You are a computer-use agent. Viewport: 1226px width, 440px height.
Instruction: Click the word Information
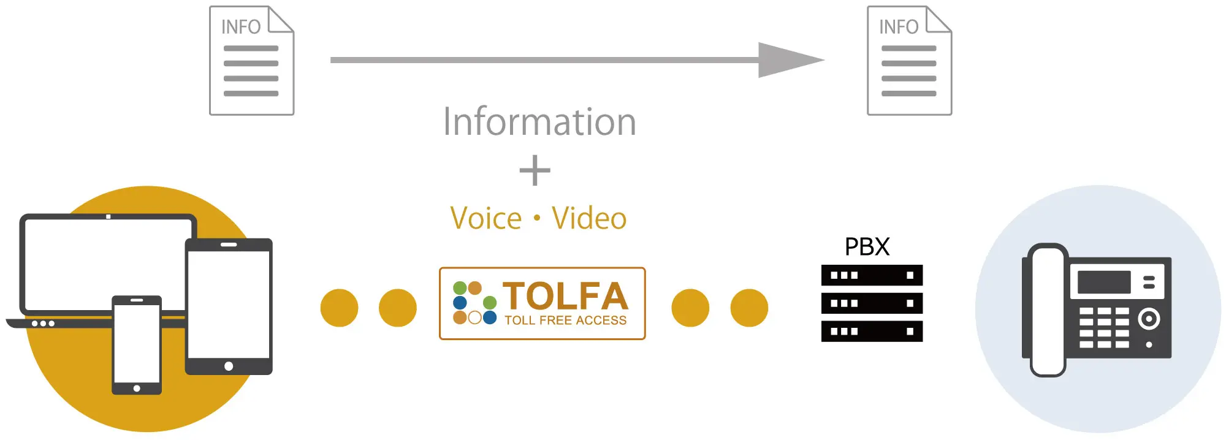tap(539, 121)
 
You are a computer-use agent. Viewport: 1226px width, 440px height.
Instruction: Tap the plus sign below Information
tap(535, 170)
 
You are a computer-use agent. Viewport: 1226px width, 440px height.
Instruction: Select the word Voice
tap(486, 219)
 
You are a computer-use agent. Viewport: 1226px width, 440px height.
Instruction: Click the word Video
tap(589, 219)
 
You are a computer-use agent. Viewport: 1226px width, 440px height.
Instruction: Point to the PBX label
tap(867, 247)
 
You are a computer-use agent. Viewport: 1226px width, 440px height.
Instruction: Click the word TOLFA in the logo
tap(565, 297)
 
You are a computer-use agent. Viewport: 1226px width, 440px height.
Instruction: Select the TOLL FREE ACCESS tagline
tap(565, 321)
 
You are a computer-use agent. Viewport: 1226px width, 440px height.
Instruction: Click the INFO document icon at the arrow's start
tap(251, 61)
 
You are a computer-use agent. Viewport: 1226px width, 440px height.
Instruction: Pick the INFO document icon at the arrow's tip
tap(909, 61)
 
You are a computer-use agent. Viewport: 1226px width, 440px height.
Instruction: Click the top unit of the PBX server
tap(872, 275)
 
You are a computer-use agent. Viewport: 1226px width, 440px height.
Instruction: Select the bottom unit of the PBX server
tap(872, 332)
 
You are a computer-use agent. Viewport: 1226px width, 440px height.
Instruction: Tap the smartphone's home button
tap(137, 389)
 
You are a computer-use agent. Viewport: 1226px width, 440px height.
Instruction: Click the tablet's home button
tap(229, 366)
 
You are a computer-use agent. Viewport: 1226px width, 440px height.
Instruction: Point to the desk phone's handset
tap(1048, 310)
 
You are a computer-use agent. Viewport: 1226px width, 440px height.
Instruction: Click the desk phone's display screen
tap(1104, 283)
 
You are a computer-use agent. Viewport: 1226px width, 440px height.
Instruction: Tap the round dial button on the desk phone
tap(1149, 319)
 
